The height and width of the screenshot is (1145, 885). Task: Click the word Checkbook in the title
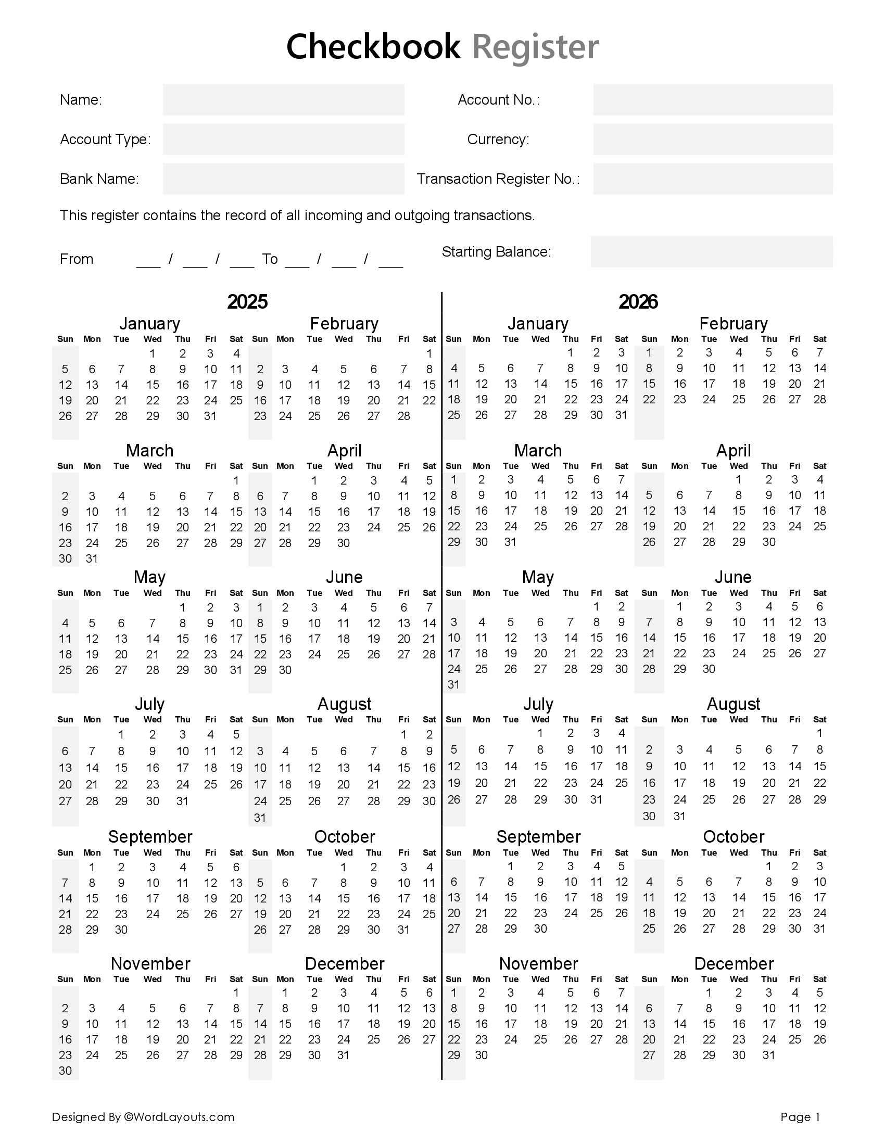[373, 47]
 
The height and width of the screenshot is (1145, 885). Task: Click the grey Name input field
[283, 99]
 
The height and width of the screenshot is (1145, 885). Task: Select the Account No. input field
[713, 99]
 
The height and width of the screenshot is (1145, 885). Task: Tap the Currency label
[498, 139]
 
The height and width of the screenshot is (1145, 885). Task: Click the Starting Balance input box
[711, 252]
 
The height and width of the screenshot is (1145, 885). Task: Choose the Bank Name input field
[283, 179]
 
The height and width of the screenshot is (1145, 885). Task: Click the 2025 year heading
[247, 302]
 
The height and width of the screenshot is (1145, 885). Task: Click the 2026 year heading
[638, 302]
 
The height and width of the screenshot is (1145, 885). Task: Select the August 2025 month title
[344, 704]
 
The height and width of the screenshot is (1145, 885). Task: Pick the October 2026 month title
[733, 837]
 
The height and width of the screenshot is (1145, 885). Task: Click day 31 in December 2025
[344, 1055]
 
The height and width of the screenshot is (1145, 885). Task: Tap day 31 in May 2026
[453, 685]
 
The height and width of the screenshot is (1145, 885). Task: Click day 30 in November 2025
[65, 1071]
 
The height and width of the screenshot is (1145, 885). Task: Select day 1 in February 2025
[429, 353]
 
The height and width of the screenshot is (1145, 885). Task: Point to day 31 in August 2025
[260, 818]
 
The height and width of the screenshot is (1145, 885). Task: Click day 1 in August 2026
[819, 733]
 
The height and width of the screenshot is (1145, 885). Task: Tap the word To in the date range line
[270, 259]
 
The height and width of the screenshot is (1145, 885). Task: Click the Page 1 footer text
[800, 1117]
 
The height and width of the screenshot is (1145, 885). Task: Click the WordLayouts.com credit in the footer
[179, 1117]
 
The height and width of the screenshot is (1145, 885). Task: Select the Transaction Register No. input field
[713, 179]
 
